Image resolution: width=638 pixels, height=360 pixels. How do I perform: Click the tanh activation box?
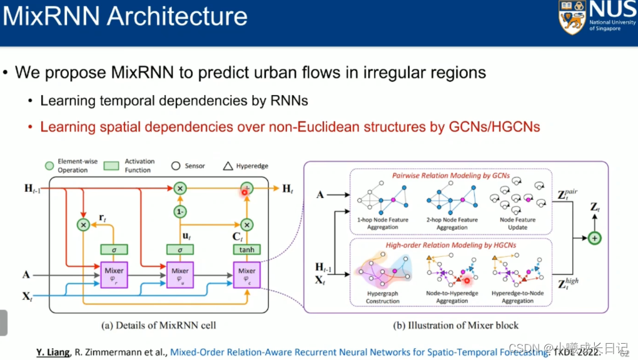click(x=246, y=249)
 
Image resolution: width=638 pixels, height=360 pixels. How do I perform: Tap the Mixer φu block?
click(x=181, y=274)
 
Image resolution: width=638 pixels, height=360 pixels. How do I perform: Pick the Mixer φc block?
click(x=246, y=274)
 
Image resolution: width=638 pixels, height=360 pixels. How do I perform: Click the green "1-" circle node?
click(x=181, y=212)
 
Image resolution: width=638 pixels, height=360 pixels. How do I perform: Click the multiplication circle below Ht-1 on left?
click(x=83, y=224)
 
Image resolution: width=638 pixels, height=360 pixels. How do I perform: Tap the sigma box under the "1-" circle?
click(x=181, y=249)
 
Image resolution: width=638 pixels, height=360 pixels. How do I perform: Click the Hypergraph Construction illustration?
click(x=383, y=272)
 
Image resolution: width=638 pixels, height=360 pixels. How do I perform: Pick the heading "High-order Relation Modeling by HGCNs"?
click(x=452, y=246)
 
